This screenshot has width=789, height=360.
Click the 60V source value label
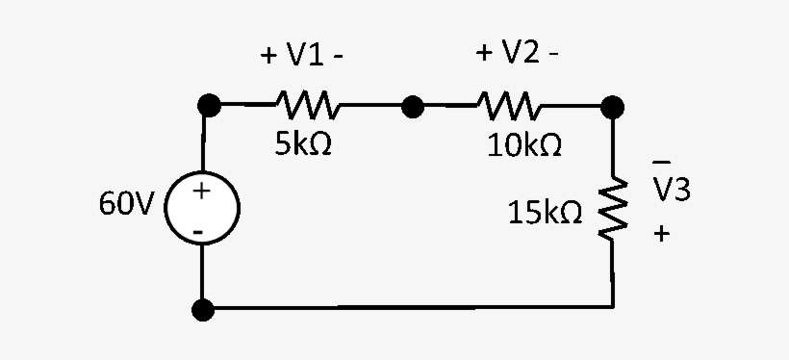125,205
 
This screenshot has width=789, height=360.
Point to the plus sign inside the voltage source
201,192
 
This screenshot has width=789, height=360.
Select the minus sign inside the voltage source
198,231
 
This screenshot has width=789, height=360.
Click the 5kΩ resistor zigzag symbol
305,102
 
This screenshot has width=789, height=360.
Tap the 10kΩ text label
524,145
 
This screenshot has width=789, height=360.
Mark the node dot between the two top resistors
413,106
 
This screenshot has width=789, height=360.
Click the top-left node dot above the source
204,105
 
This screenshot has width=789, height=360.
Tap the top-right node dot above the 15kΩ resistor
612,105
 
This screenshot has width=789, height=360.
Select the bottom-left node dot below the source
203,310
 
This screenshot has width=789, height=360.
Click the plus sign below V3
661,233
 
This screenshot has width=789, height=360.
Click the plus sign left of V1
268,56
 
